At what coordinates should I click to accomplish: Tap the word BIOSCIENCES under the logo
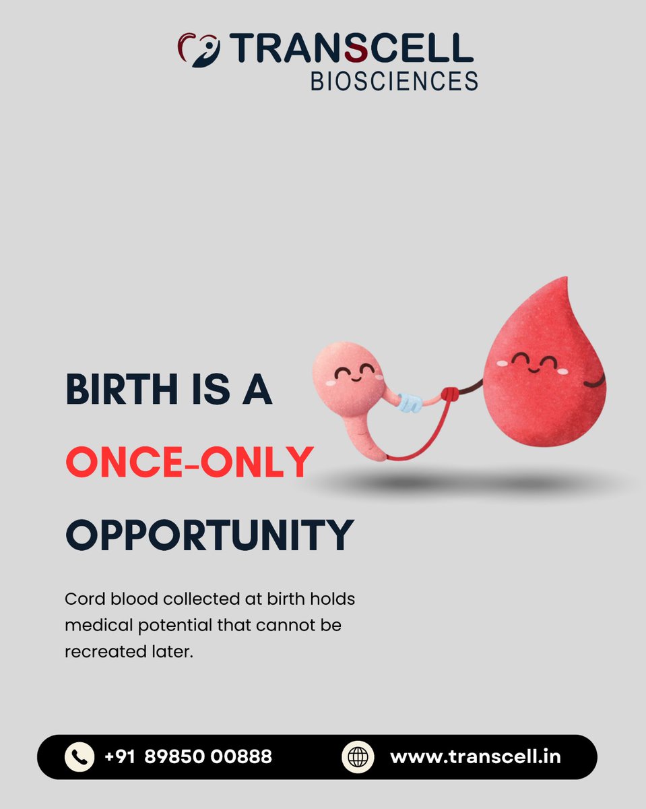pos(393,82)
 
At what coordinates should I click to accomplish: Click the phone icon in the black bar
pos(79,756)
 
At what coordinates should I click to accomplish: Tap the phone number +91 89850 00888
pos(189,756)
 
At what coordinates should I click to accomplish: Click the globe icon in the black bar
pos(357,756)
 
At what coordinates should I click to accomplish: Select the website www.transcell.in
pos(476,756)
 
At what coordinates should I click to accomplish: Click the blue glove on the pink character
pos(409,402)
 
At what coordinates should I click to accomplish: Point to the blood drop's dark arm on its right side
pos(596,382)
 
